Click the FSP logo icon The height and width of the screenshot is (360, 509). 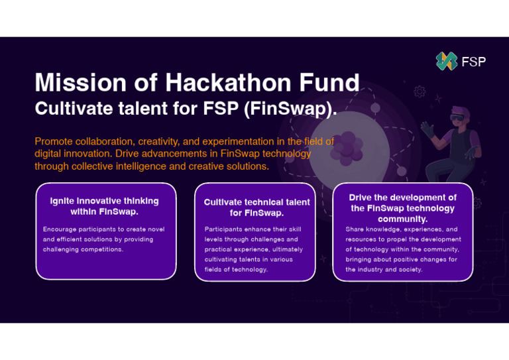click(446, 62)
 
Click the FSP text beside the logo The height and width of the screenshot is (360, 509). click(473, 62)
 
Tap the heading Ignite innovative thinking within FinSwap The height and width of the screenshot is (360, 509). click(104, 206)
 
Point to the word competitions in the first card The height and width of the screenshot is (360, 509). click(102, 249)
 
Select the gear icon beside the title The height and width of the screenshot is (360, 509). click(419, 92)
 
